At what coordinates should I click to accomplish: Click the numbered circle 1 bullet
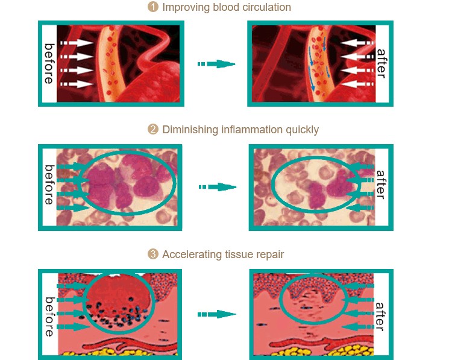pos(153,8)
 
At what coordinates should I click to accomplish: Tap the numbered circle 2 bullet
pos(153,130)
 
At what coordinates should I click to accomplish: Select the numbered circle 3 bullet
pos(153,254)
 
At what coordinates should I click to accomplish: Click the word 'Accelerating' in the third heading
pos(190,254)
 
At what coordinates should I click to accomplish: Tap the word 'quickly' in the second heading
pos(300,130)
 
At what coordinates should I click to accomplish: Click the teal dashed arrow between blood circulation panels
pos(216,64)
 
